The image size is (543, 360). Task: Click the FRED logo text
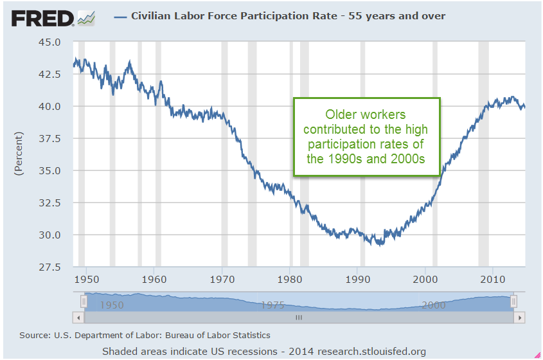[x=42, y=17]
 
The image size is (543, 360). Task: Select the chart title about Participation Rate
[x=288, y=15]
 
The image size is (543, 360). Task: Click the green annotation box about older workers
[x=367, y=136]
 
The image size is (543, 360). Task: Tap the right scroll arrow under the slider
[x=520, y=317]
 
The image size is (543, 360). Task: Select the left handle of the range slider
[x=84, y=301]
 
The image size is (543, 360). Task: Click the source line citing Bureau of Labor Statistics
[x=145, y=335]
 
